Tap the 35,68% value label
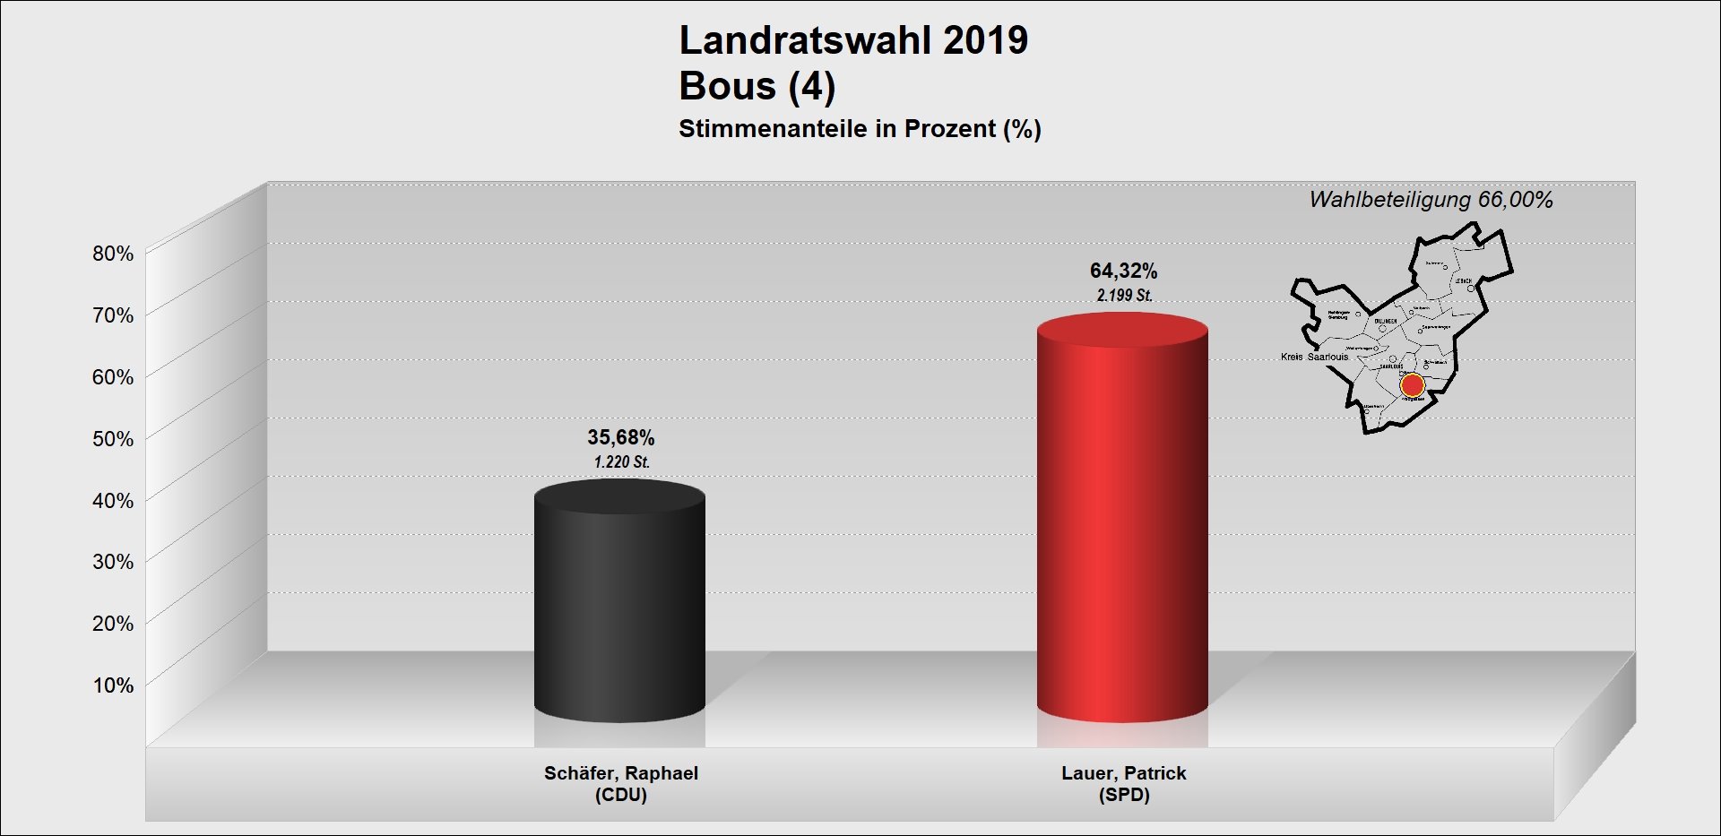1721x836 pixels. (x=620, y=437)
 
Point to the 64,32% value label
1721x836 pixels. (x=1123, y=271)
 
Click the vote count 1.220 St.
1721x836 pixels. (x=621, y=462)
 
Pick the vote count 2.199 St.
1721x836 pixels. (x=1124, y=295)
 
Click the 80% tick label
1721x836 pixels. (x=113, y=254)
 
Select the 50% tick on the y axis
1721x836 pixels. (x=113, y=439)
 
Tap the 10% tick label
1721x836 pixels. (x=113, y=685)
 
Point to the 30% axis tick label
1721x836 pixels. (x=113, y=562)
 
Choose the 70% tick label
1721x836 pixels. (x=113, y=315)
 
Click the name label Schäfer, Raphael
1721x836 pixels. (x=620, y=773)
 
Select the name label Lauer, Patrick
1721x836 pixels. (x=1123, y=773)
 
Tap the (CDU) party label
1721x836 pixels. (x=620, y=795)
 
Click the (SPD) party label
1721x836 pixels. (x=1123, y=795)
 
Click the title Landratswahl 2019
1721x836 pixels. (x=853, y=40)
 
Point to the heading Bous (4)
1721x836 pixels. (x=757, y=86)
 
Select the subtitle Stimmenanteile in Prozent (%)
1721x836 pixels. (x=860, y=129)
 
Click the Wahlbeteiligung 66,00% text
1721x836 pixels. (x=1431, y=200)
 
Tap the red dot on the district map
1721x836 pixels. (x=1412, y=385)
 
